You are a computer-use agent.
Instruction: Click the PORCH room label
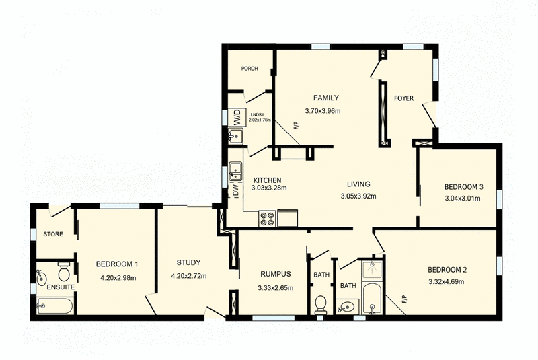coord(249,69)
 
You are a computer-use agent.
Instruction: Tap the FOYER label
coord(403,98)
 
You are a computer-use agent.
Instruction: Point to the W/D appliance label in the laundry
coord(237,117)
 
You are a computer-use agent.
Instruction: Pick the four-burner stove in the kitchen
coord(267,218)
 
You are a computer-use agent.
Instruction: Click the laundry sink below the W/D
coord(234,137)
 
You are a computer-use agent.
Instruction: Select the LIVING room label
coord(358,184)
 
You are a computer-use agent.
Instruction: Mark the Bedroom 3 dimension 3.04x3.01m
coord(464,199)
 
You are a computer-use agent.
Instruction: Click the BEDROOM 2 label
coord(447,270)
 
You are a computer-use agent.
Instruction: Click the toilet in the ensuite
coord(65,273)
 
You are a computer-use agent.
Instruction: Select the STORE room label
coord(53,235)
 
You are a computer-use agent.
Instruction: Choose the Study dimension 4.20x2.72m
coord(188,276)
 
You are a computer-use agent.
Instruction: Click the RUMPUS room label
coord(274,274)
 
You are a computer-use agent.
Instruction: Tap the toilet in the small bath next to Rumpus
coord(321,304)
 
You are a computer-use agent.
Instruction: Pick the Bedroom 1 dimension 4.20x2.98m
coord(117,277)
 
